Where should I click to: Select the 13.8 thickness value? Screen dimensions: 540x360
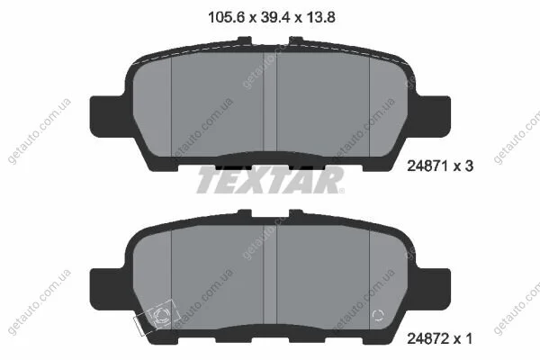(x=319, y=17)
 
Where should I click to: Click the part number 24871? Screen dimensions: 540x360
(x=428, y=166)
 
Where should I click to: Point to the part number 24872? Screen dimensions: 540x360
(x=428, y=338)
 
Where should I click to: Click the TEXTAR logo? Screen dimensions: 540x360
(x=270, y=179)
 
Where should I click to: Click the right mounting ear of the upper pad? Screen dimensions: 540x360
(x=433, y=117)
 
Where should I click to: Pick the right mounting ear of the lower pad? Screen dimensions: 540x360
(x=433, y=290)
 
